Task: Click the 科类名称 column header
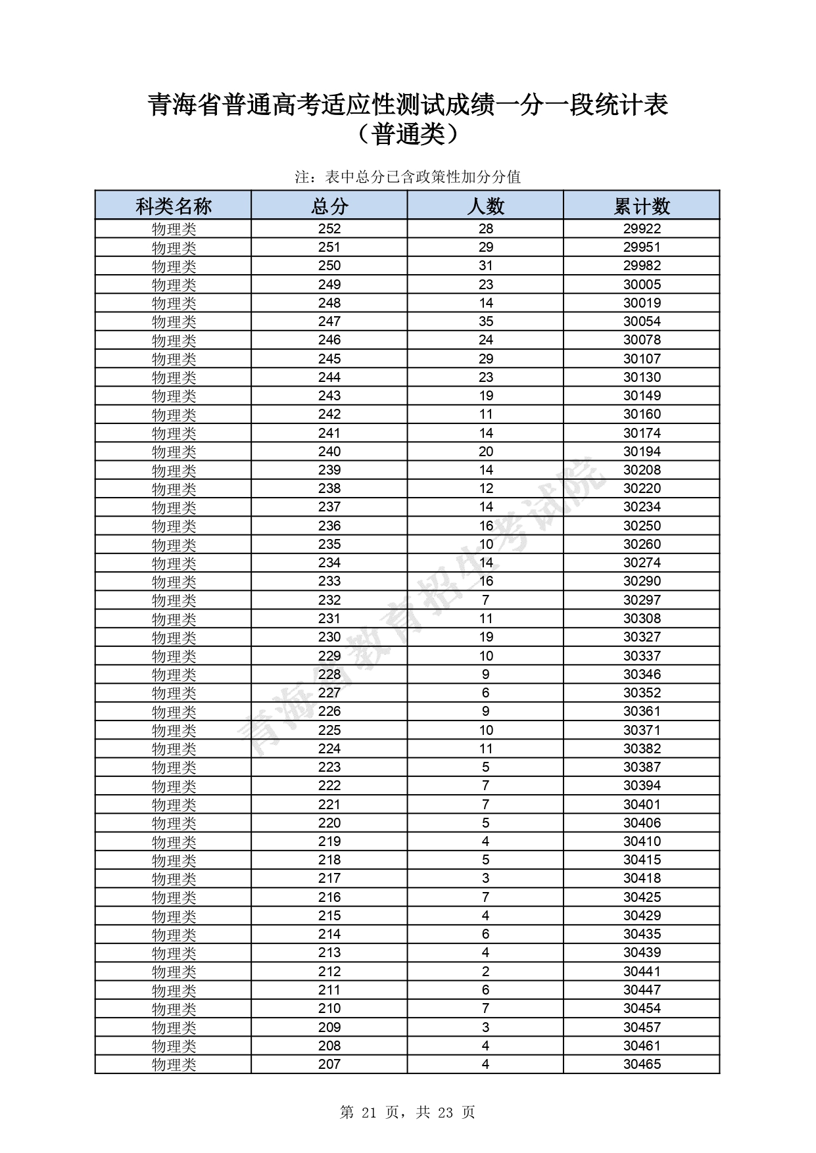[x=173, y=206]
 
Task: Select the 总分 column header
[x=329, y=206]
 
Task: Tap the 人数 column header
[x=485, y=206]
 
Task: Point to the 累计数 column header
[x=642, y=206]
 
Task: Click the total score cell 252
[x=329, y=229]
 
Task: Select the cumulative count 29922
[x=642, y=229]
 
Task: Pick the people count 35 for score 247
[x=485, y=321]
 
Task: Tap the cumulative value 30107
[x=642, y=359]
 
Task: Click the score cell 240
[x=329, y=452]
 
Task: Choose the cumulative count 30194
[x=642, y=452]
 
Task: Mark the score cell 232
[x=329, y=600]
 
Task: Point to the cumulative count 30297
[x=642, y=600]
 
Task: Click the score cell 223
[x=329, y=767]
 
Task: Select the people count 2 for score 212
[x=485, y=972]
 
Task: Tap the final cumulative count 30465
[x=642, y=1064]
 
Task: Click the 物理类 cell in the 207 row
[x=174, y=1064]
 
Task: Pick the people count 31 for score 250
[x=485, y=266]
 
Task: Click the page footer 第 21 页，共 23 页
[x=408, y=1112]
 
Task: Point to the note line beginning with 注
[x=408, y=177]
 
